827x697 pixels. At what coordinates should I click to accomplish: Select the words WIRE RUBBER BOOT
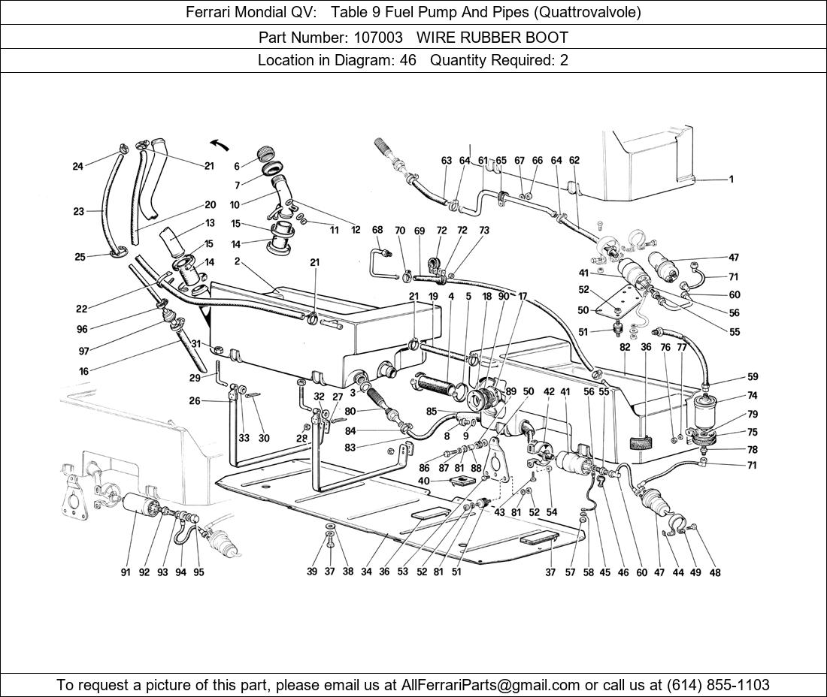[492, 37]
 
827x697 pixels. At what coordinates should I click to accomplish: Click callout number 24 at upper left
[78, 167]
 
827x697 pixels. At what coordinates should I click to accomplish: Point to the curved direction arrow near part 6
[219, 145]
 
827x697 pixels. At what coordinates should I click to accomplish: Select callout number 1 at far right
[730, 180]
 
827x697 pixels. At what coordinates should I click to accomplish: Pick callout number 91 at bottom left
[126, 572]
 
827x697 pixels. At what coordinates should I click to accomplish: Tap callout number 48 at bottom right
[714, 572]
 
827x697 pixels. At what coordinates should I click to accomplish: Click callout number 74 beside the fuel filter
[752, 396]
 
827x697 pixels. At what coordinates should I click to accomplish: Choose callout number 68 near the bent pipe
[377, 231]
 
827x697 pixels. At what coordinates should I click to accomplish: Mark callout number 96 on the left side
[82, 329]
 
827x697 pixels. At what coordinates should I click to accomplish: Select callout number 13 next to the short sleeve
[210, 223]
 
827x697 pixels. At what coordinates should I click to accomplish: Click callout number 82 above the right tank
[625, 347]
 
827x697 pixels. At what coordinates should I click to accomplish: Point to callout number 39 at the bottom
[311, 572]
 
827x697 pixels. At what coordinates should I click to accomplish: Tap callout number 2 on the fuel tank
[237, 261]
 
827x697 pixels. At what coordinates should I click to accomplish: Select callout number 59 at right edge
[752, 377]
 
